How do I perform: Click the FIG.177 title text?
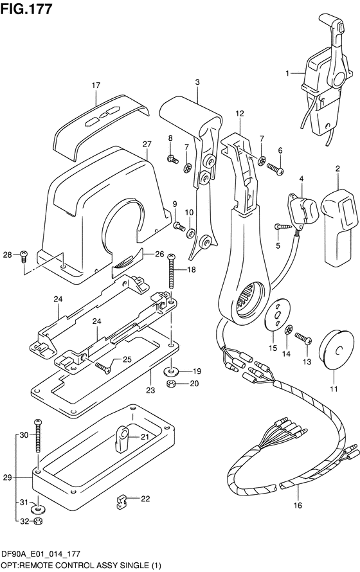click(26, 9)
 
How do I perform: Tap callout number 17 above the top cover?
click(96, 85)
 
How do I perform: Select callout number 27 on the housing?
click(147, 145)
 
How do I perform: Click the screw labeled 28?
click(24, 255)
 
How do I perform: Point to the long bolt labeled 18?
click(171, 272)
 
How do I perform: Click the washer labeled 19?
click(170, 371)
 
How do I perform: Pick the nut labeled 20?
click(170, 384)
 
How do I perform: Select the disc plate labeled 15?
click(278, 314)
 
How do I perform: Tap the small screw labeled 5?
click(282, 228)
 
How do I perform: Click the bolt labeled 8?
click(172, 159)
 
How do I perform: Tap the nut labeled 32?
click(38, 521)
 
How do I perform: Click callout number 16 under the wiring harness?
click(298, 505)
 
